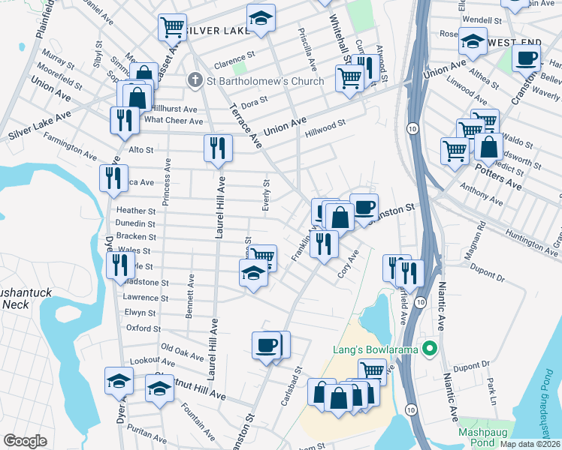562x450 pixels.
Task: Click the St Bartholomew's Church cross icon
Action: click(195, 80)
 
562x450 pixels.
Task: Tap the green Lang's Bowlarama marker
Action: click(430, 349)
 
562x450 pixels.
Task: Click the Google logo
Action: click(25, 441)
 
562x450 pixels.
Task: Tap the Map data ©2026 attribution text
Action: click(530, 444)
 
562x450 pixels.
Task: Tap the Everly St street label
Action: click(266, 195)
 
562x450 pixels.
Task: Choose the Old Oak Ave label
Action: click(184, 349)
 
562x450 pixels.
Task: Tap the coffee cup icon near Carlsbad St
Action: click(267, 346)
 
